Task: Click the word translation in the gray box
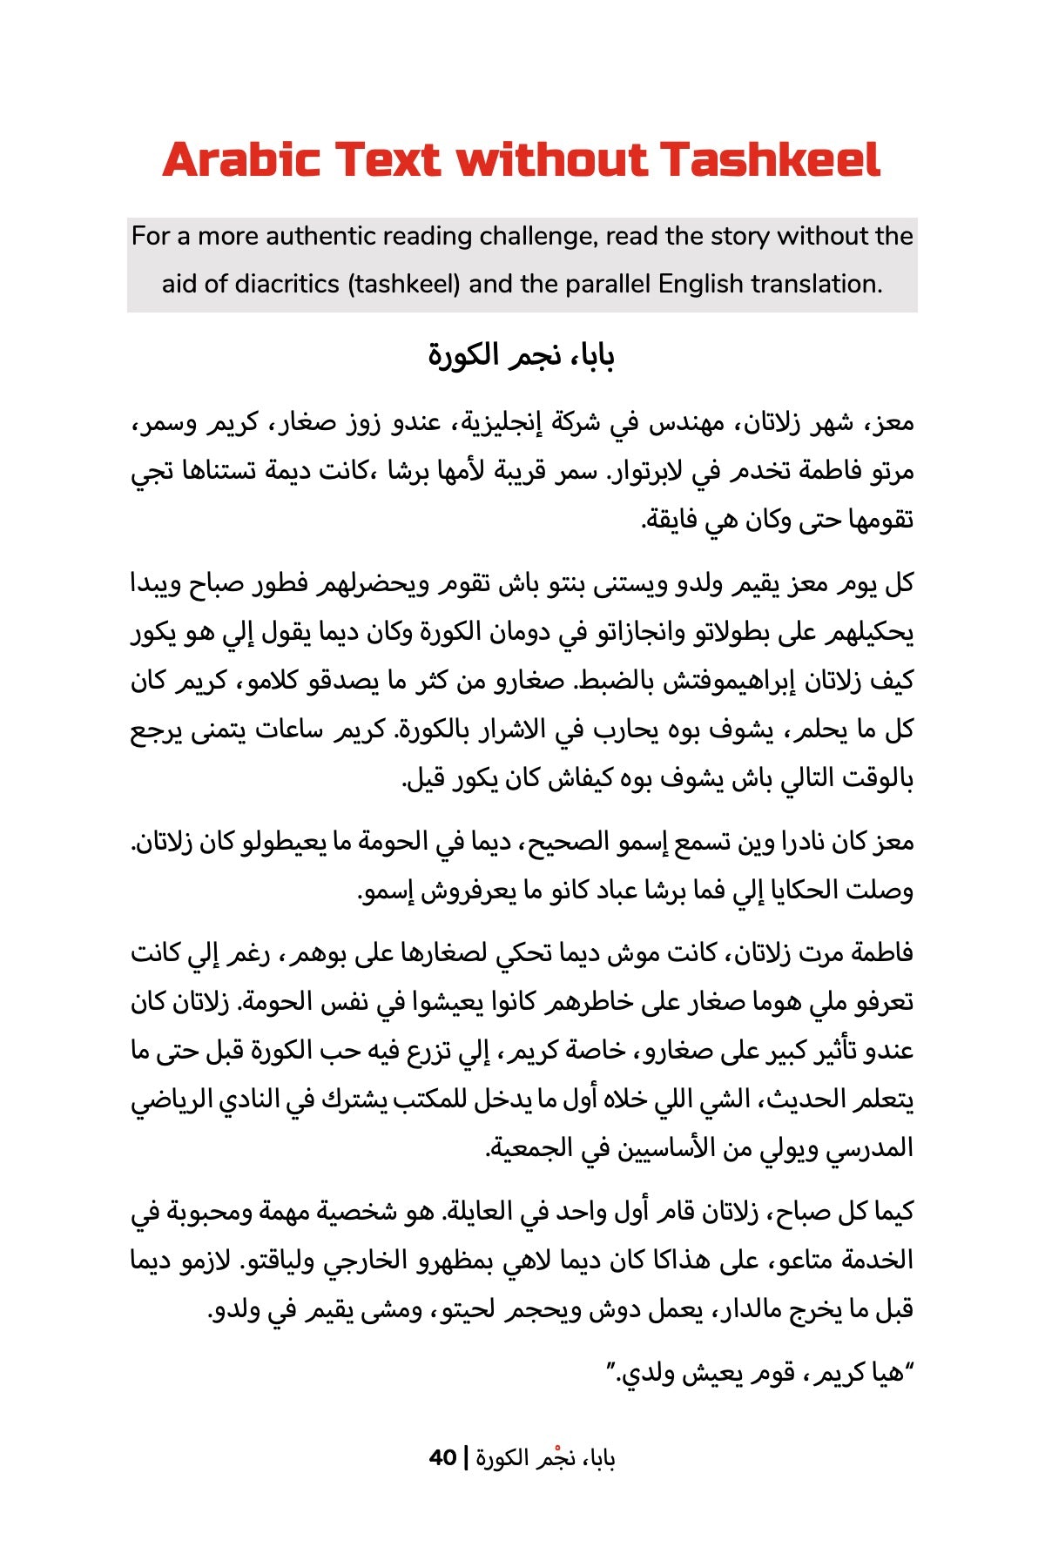816,284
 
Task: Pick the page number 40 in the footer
443,1457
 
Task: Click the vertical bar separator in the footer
467,1457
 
